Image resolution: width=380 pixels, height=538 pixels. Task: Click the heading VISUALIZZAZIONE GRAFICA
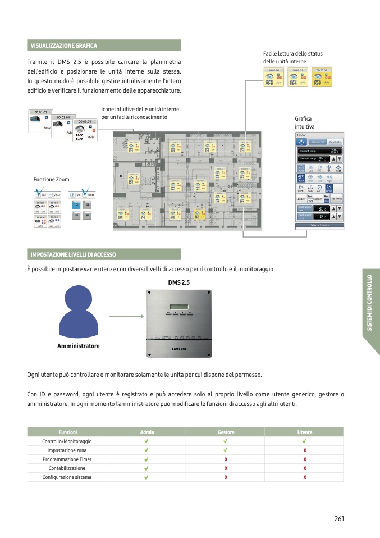[x=64, y=45]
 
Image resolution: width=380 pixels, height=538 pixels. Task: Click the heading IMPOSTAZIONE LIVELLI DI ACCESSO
[x=73, y=254]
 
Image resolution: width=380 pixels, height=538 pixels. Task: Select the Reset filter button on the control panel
[x=335, y=142]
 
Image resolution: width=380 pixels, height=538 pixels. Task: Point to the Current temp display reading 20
[x=319, y=151]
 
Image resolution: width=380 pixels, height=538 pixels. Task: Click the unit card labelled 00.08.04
[x=85, y=130]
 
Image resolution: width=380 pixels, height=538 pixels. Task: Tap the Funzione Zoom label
[x=52, y=180]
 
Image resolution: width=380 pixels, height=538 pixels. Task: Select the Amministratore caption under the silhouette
[x=79, y=346]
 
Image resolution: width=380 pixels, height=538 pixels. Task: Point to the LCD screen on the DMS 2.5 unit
[x=180, y=306]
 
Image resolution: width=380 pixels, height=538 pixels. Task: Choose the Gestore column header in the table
[x=226, y=432]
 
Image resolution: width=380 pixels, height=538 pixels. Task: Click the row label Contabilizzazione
[x=67, y=468]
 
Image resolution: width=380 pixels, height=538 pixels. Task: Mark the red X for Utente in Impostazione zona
[x=305, y=450]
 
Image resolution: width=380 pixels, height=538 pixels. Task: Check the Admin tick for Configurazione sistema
[x=146, y=477]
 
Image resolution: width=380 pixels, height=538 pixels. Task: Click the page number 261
[x=338, y=518]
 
